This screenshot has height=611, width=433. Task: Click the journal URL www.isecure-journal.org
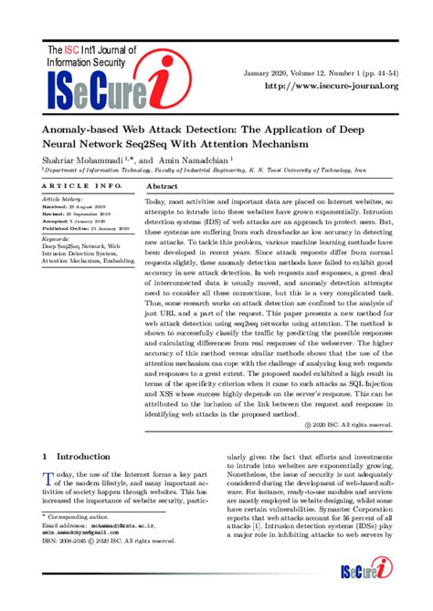coord(331,86)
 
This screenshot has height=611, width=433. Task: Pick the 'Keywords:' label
coord(58,238)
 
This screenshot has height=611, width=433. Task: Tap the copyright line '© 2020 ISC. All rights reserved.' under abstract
coord(348,425)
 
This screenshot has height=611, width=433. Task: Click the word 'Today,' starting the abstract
coord(161,201)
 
